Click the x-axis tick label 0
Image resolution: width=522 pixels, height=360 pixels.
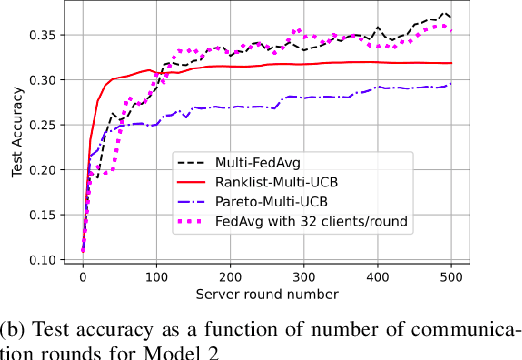point(83,275)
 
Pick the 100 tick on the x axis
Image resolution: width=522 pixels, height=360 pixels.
point(157,275)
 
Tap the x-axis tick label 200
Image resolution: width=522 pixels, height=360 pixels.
point(231,275)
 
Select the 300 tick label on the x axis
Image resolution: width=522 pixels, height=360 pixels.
point(304,275)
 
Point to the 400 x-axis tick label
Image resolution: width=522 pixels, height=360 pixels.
point(378,275)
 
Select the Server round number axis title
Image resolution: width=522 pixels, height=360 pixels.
point(267,293)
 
